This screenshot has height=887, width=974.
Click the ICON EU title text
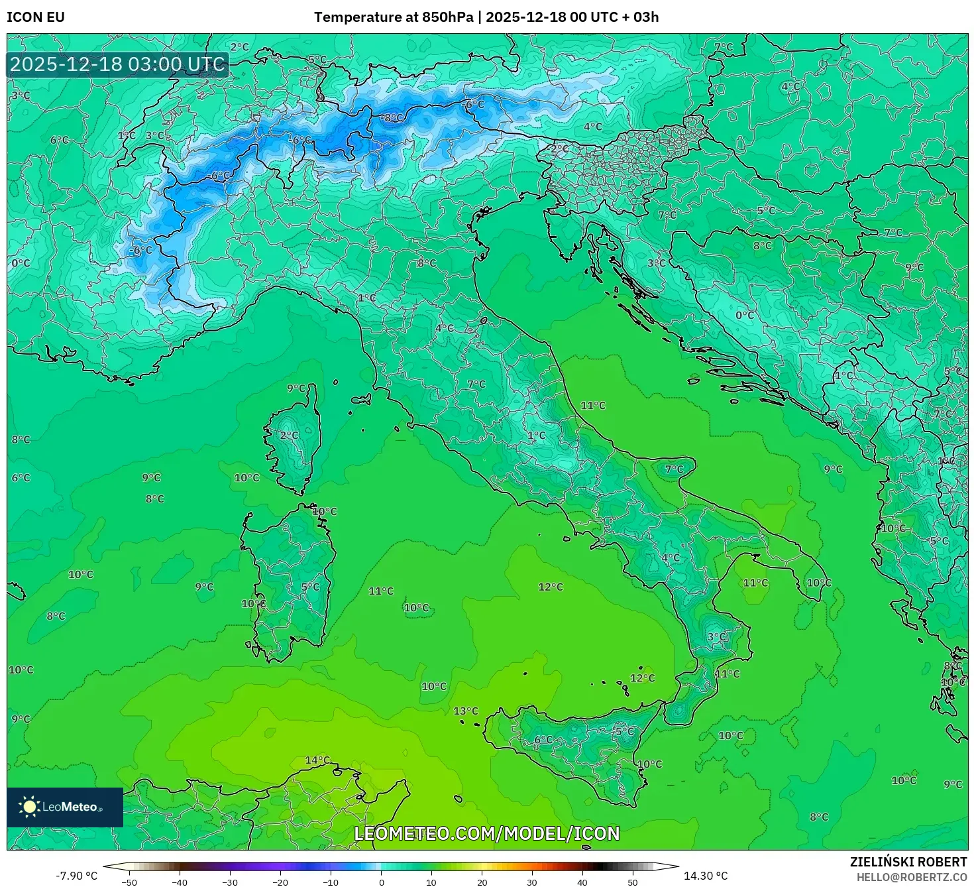(36, 17)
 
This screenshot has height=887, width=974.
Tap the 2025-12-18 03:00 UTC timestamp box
(117, 64)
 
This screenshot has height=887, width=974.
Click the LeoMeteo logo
(64, 807)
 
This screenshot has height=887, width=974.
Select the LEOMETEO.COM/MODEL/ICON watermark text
(487, 833)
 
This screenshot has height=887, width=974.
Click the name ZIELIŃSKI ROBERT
(908, 862)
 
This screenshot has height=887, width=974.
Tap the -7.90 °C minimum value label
(76, 876)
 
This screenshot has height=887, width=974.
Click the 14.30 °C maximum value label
(706, 876)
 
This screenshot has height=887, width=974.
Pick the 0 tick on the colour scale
(381, 882)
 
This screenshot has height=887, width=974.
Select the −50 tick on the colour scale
(129, 882)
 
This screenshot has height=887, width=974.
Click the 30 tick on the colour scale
(532, 882)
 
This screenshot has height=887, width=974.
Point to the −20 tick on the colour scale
(280, 882)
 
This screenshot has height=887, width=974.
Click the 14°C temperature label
(317, 760)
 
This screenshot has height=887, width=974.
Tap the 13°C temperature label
(466, 711)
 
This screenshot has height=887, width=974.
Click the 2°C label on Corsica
(289, 436)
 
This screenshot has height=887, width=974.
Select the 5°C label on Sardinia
(310, 587)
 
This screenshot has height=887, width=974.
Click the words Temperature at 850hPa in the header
(394, 17)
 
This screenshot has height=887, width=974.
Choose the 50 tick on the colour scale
(633, 882)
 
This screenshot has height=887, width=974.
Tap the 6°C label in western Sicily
(543, 740)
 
